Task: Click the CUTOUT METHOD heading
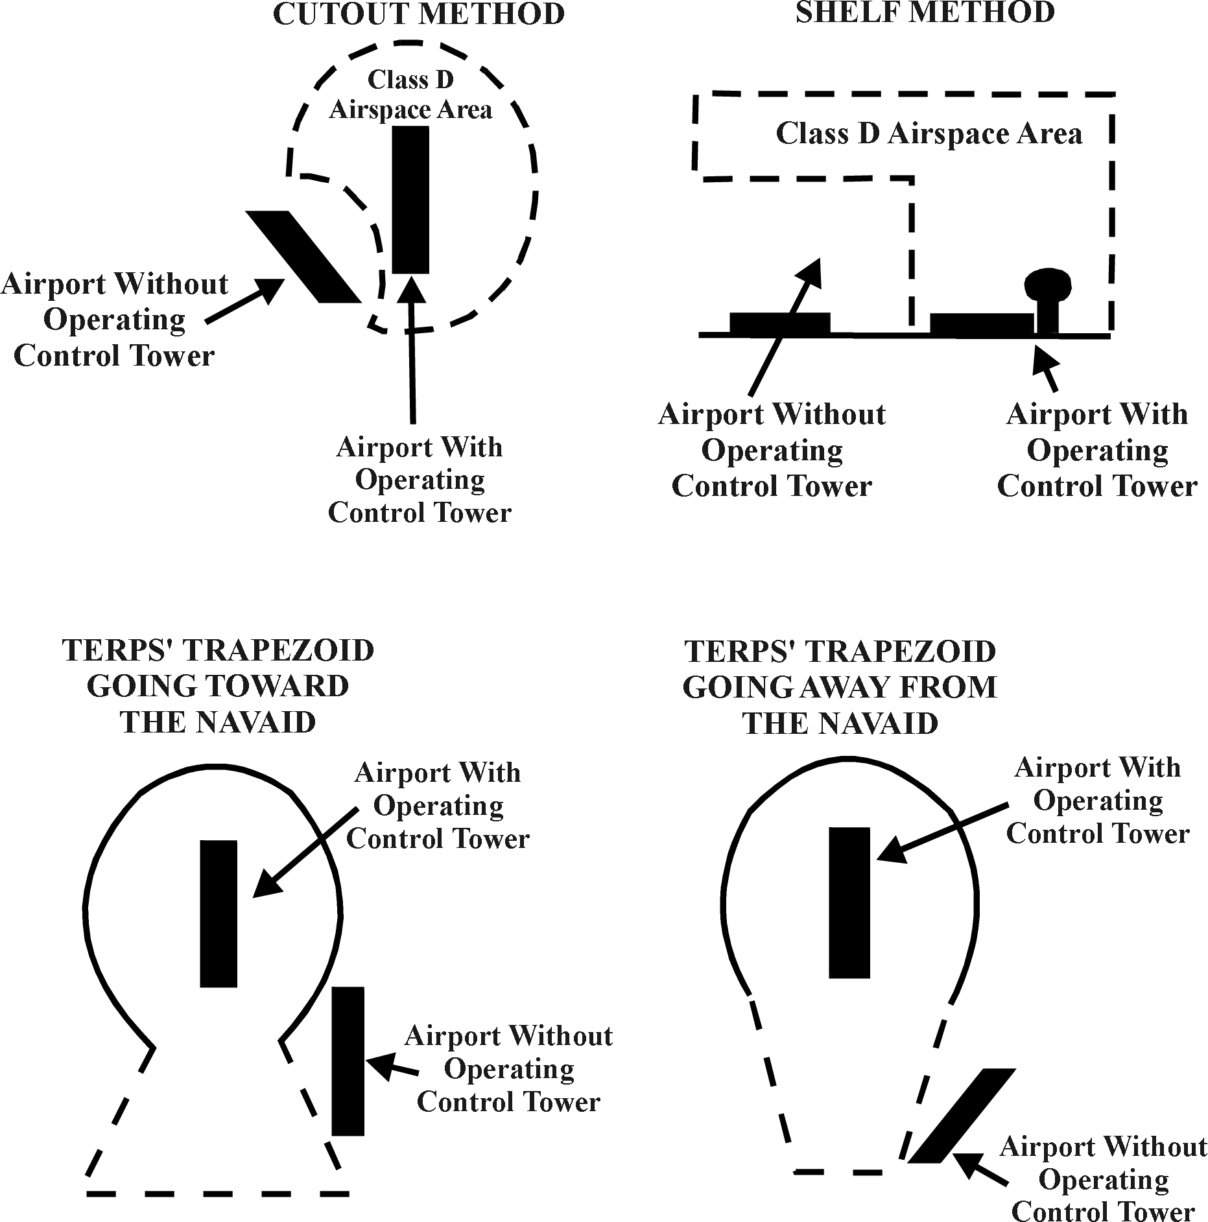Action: (418, 14)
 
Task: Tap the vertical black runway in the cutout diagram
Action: (410, 200)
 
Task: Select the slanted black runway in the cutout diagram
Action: (302, 257)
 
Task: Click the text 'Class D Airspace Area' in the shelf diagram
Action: (929, 134)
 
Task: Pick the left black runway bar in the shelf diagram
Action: (779, 323)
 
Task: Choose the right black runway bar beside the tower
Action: (981, 323)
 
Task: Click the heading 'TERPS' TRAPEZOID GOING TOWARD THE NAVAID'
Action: (218, 686)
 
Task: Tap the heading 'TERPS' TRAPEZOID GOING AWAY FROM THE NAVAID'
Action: (840, 687)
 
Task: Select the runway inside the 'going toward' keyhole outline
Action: (219, 913)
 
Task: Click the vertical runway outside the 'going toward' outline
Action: (348, 1061)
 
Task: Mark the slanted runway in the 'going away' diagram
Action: (961, 1116)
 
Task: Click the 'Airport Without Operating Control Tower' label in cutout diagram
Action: (115, 320)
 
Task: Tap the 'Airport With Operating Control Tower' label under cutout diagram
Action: (420, 480)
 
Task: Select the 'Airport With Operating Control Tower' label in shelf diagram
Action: (1097, 450)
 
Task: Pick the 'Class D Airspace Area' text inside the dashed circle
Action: (410, 95)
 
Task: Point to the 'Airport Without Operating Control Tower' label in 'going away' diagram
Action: (1103, 1179)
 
